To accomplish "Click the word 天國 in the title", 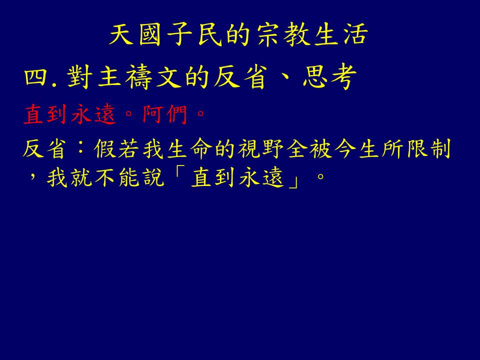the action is click(x=135, y=34).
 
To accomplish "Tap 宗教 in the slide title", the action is click(x=281, y=34).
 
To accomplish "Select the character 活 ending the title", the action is click(x=355, y=34).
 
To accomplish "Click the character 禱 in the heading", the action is click(x=139, y=77).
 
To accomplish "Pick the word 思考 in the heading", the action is click(x=329, y=77).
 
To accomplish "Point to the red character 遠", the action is click(x=105, y=114).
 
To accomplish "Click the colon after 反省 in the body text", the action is click(x=80, y=149).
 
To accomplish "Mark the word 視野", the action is click(x=261, y=149).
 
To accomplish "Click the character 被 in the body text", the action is click(x=321, y=149).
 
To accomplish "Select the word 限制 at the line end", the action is click(x=428, y=149).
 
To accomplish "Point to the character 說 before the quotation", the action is click(x=153, y=177).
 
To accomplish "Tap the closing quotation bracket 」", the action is click(x=294, y=182).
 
